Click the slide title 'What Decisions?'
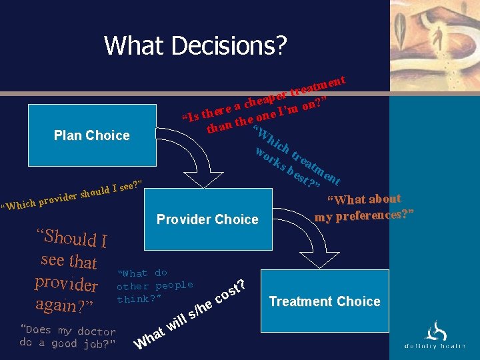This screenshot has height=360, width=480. click(x=195, y=45)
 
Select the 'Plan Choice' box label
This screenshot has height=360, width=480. click(x=91, y=135)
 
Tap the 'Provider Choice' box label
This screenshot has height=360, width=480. click(x=207, y=219)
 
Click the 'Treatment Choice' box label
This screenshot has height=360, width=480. click(x=324, y=301)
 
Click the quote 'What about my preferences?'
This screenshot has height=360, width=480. click(x=365, y=207)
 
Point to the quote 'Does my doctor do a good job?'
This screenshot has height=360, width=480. click(x=67, y=337)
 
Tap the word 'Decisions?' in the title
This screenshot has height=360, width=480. click(x=229, y=45)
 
